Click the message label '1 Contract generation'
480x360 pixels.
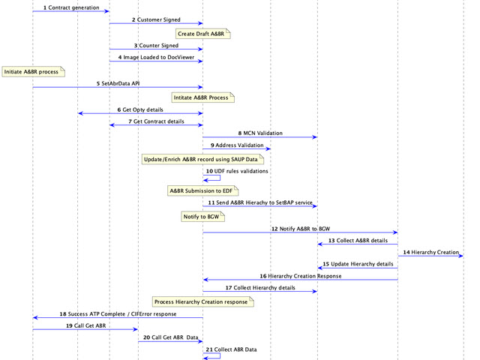(x=71, y=7)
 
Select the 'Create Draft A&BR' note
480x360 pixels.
(x=202, y=33)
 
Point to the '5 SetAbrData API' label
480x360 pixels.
(x=118, y=83)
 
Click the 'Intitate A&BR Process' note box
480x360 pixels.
(x=203, y=97)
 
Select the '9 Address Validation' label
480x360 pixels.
(x=236, y=145)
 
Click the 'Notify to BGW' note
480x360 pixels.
(x=203, y=216)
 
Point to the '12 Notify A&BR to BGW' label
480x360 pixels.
(x=300, y=228)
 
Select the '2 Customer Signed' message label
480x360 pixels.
(x=156, y=19)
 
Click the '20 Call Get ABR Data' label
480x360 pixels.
(x=170, y=337)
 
